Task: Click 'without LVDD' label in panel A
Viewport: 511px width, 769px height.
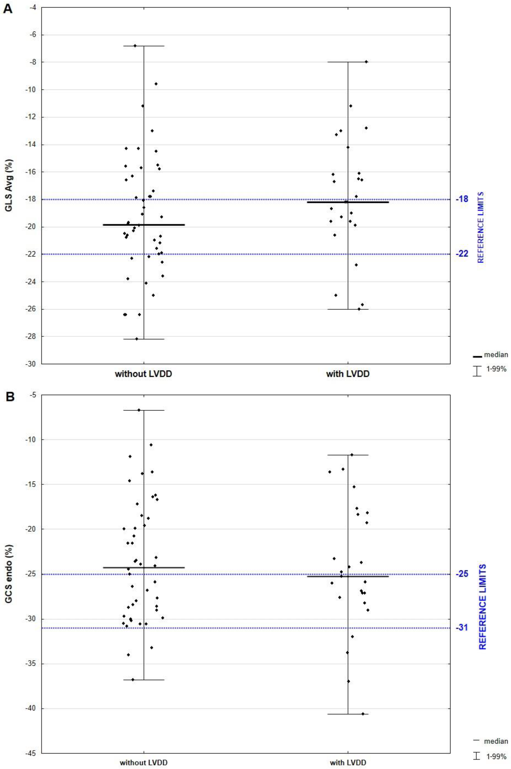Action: [143, 374]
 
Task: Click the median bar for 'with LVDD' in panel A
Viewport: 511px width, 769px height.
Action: [348, 202]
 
